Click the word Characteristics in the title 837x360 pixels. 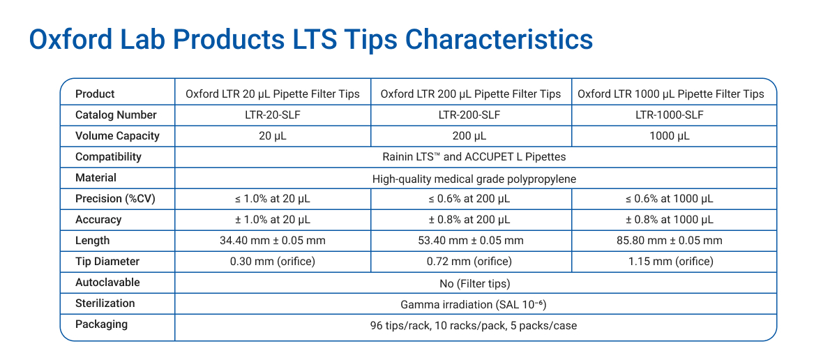coord(499,39)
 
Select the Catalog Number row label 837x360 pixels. coord(116,115)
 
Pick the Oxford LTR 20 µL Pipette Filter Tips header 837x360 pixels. coord(273,94)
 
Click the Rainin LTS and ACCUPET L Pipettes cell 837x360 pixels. coord(474,157)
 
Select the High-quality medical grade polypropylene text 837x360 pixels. coord(474,178)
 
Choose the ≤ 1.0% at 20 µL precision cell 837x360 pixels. coord(273,199)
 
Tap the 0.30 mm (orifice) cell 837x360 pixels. coord(273,262)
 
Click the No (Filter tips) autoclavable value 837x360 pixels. coord(474,283)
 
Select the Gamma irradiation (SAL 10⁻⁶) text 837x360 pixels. coord(474,304)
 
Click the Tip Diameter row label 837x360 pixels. coord(107,262)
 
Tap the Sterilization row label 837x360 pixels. coord(105,303)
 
